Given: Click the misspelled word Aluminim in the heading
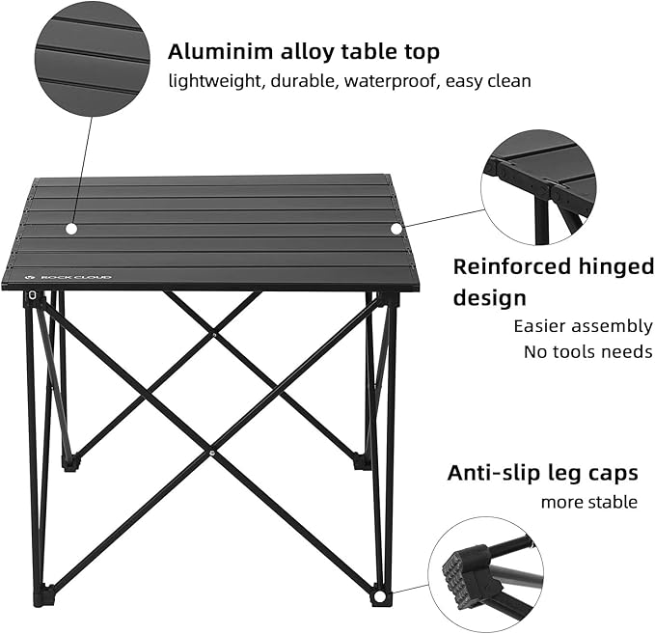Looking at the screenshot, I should pyautogui.click(x=211, y=51).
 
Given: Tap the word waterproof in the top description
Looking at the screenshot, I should pyautogui.click(x=393, y=81).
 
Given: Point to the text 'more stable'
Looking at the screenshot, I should pyautogui.click(x=588, y=502).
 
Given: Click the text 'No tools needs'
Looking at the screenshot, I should pyautogui.click(x=587, y=351).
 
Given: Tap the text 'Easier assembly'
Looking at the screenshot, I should pyautogui.click(x=583, y=326).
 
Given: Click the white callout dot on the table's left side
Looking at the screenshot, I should pyautogui.click(x=70, y=229).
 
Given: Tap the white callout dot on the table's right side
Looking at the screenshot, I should pyautogui.click(x=396, y=228).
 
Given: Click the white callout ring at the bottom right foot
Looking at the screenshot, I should pyautogui.click(x=379, y=598).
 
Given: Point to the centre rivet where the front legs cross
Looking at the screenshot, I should pyautogui.click(x=211, y=450).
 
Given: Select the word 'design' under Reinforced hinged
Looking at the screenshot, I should pyautogui.click(x=491, y=297).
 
